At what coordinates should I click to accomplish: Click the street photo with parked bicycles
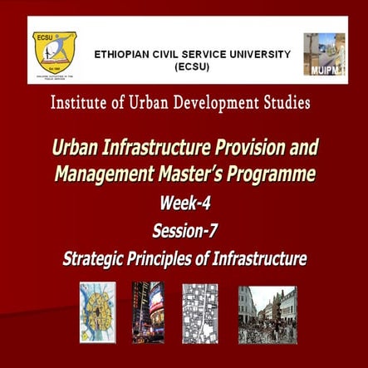267,313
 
